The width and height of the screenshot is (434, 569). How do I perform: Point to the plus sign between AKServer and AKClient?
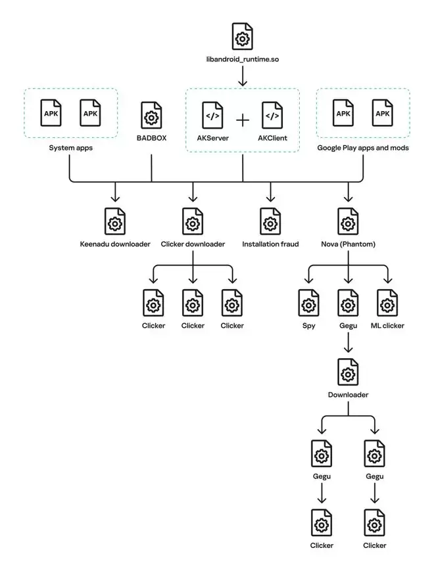243,120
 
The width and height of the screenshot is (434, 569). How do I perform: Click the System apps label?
70,148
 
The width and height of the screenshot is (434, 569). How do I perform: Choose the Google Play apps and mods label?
363,148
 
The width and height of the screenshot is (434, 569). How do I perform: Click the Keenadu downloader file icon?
115,221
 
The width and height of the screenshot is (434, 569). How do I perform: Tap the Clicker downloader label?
193,244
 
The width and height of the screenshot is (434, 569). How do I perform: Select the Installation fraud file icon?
270,221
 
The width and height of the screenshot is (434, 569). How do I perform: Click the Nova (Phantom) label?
348,244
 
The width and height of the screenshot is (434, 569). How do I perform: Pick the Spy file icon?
308,303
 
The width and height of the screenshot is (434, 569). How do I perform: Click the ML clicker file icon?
387,303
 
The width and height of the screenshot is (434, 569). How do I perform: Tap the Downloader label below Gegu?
348,395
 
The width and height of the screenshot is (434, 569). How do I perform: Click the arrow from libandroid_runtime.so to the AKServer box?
242,77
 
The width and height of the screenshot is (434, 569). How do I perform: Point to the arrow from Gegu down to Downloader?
348,343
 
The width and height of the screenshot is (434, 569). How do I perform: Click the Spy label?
308,326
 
